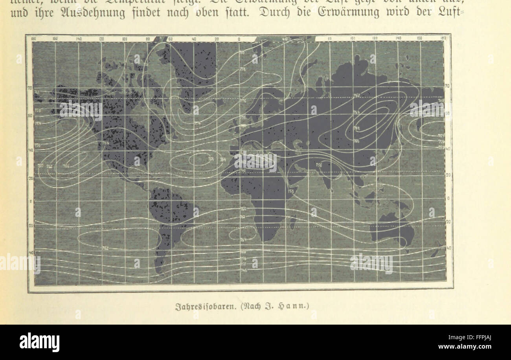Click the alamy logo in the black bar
pos(39,342)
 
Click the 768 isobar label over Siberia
pos(357,128)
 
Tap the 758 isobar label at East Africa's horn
pos(291,191)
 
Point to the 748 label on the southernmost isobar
pos(243,270)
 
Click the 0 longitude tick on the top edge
pos(239,39)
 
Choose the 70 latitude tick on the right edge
pos(447,86)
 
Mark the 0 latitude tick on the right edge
pos(448,198)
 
